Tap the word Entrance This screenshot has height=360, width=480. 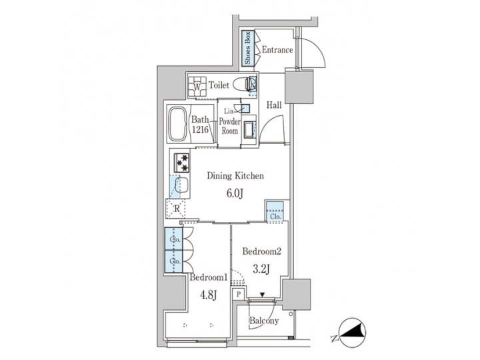click(277, 50)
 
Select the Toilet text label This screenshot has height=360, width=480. click(219, 85)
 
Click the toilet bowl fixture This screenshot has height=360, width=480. click(251, 85)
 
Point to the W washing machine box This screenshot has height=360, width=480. click(197, 86)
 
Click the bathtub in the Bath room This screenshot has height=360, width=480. click(177, 123)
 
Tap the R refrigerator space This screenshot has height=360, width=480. click(176, 208)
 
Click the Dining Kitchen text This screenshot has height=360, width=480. click(236, 176)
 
